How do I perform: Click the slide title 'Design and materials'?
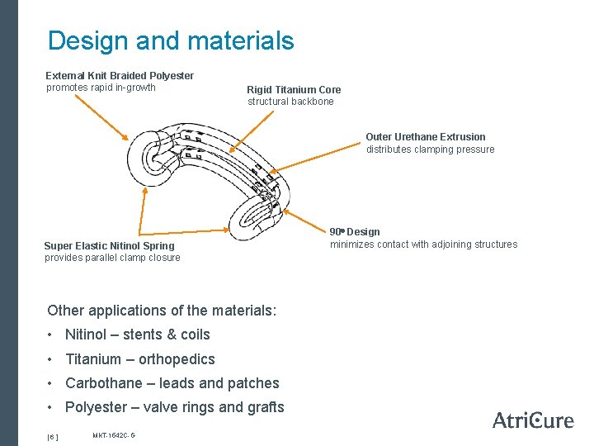[x=170, y=40]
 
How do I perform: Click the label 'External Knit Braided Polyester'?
[x=120, y=76]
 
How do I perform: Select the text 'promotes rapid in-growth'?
[x=101, y=88]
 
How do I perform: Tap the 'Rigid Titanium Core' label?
[x=294, y=90]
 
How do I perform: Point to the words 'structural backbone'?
[x=290, y=102]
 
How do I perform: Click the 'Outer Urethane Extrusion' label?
[x=426, y=137]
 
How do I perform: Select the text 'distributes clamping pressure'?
[x=430, y=149]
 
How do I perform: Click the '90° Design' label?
[x=355, y=232]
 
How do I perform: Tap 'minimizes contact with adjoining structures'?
[x=423, y=244]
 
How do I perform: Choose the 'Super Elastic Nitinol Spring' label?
[x=109, y=246]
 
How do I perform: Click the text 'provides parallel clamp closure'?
[x=112, y=258]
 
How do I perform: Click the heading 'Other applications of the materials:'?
[x=162, y=311]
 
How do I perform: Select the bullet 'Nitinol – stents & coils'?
[x=137, y=334]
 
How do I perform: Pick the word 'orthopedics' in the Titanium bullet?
[x=177, y=359]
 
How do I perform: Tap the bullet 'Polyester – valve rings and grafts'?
[x=174, y=407]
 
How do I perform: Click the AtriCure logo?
[x=532, y=420]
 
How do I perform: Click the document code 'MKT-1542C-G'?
[x=114, y=434]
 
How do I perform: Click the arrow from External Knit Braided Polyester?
[x=100, y=116]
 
